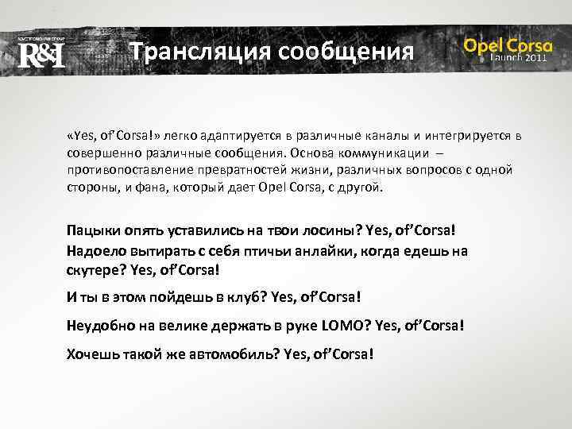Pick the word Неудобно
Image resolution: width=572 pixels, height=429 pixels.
[x=98, y=325]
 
